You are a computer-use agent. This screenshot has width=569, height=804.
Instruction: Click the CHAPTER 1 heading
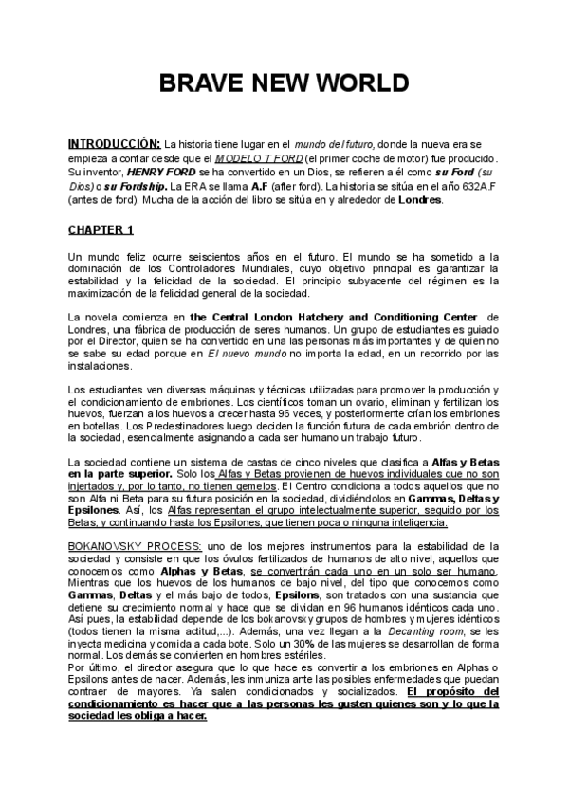101,230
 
